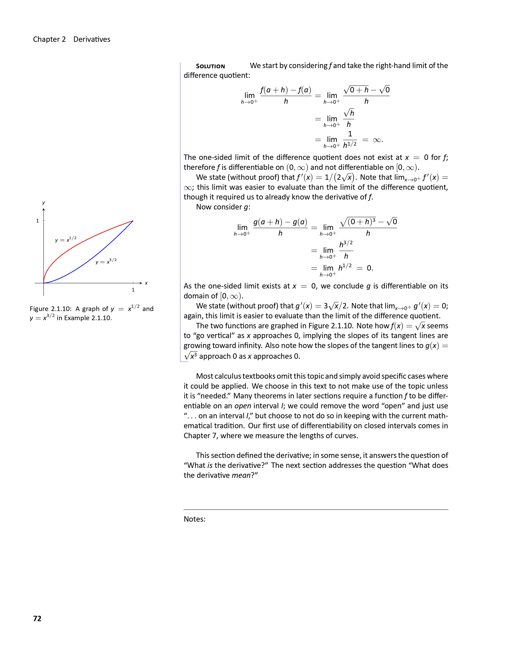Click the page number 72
point(37,619)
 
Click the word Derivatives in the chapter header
point(92,39)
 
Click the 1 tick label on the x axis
point(133,290)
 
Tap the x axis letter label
point(146,283)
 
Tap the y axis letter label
point(44,203)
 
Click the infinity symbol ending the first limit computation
point(377,140)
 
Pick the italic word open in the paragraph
point(243,406)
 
